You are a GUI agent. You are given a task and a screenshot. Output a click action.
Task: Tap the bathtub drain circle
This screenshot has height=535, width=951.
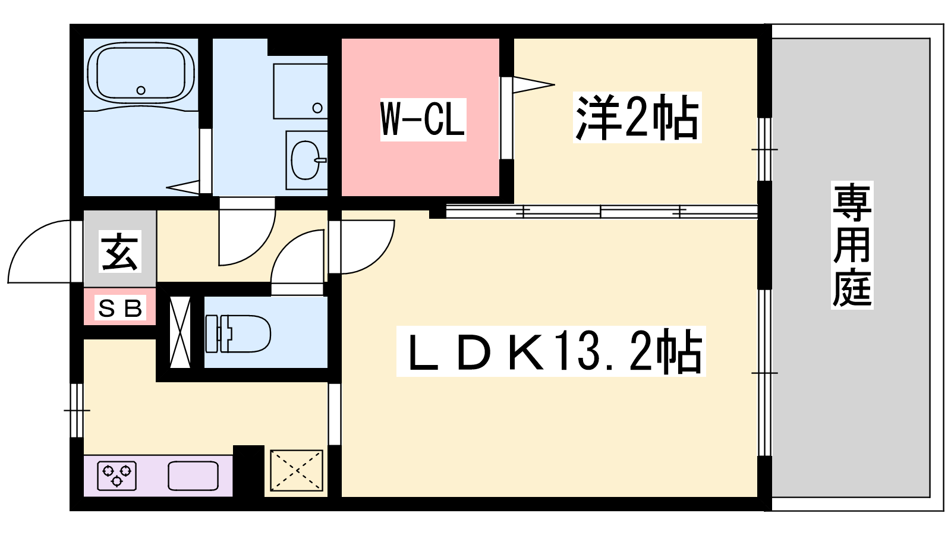(141, 90)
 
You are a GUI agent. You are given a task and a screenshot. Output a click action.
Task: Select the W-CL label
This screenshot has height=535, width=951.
(423, 119)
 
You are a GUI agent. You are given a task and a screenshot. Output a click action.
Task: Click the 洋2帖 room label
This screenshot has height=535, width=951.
(637, 118)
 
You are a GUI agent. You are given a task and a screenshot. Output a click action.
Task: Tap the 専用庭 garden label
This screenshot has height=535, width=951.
(852, 245)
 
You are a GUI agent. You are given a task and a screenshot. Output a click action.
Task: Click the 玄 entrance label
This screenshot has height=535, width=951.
(120, 251)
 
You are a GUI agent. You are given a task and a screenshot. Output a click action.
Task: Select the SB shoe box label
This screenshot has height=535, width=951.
(120, 309)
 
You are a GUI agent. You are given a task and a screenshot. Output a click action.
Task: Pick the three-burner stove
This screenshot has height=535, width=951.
(116, 476)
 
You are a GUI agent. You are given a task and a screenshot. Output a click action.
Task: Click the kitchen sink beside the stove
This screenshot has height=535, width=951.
(193, 476)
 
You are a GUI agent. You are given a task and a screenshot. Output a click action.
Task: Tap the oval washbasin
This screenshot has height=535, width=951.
(306, 160)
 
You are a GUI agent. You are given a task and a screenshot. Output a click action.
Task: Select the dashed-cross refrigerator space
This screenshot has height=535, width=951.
(297, 471)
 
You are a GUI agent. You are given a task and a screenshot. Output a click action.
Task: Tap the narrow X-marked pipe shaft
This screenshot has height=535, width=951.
(180, 332)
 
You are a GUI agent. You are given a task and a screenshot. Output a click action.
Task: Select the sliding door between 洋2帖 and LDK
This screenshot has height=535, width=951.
(600, 211)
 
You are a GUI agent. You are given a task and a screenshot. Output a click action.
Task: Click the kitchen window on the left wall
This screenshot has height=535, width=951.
(77, 410)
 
